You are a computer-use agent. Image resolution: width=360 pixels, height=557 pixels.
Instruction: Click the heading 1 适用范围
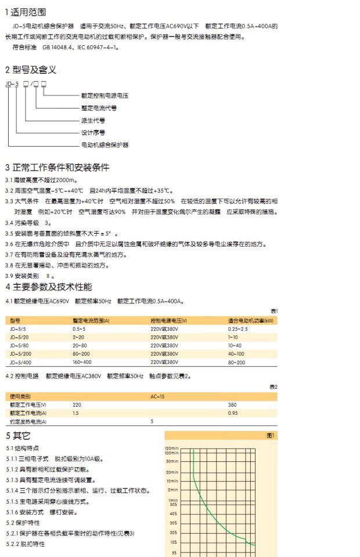tap(26, 12)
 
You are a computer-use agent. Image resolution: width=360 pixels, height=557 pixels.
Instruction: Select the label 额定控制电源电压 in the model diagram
tap(105, 95)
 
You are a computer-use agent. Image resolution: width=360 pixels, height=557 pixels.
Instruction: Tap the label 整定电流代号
tap(99, 108)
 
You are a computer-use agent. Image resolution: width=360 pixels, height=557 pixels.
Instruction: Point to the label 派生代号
tap(93, 120)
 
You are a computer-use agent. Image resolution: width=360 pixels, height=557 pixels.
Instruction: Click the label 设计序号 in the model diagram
tap(93, 132)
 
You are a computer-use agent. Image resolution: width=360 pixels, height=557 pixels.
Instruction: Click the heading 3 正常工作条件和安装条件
tap(57, 168)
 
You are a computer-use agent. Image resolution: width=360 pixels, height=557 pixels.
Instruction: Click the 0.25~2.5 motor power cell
tap(238, 328)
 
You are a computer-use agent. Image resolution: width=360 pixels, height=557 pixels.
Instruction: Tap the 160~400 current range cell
tap(82, 362)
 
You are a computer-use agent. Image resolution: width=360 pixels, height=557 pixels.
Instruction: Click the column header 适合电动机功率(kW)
tap(251, 320)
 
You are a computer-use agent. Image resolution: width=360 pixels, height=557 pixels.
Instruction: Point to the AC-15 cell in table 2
tap(157, 396)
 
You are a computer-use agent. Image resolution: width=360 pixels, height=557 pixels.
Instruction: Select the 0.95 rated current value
tap(233, 413)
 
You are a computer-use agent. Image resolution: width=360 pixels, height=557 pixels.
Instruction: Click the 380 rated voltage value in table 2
tap(232, 404)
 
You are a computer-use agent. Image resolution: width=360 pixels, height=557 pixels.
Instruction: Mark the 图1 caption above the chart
tap(270, 435)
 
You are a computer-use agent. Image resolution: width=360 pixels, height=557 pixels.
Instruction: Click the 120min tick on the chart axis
tap(171, 448)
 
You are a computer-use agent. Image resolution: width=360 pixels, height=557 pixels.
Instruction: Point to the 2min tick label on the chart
tap(172, 490)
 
